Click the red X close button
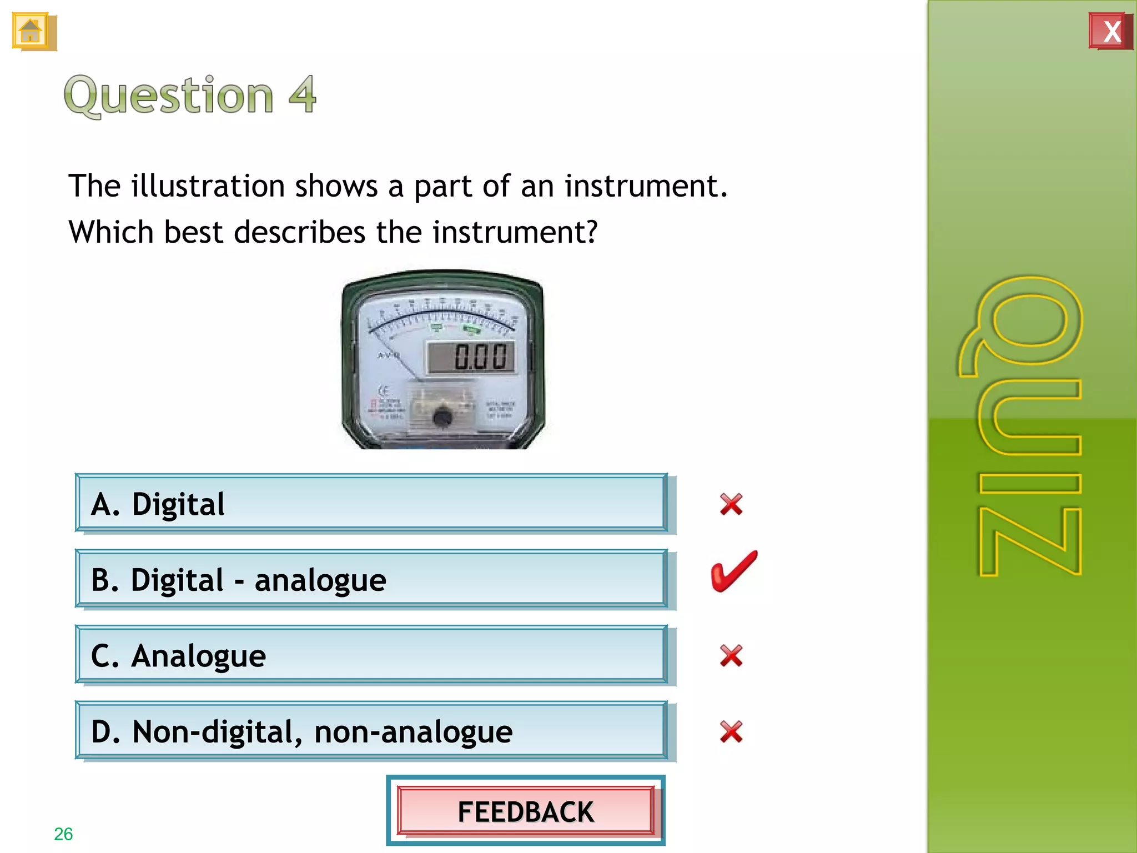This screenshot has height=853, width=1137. click(1110, 32)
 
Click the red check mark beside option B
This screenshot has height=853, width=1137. click(733, 572)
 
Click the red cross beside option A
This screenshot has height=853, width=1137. click(731, 504)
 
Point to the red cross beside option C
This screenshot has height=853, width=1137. click(731, 656)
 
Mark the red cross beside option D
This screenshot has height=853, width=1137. click(731, 731)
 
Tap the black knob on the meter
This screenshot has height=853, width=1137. click(442, 417)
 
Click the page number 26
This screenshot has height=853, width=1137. click(63, 834)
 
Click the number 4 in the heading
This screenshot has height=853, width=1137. click(303, 95)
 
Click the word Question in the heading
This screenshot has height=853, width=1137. click(169, 95)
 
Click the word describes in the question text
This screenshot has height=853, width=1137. click(300, 232)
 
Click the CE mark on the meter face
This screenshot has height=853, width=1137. click(383, 390)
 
